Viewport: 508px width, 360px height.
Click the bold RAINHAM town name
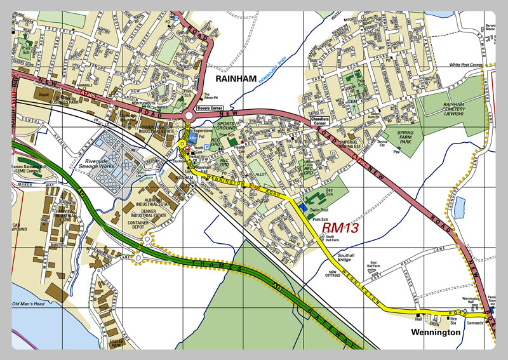pyautogui.click(x=236, y=78)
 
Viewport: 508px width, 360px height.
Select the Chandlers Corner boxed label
pyautogui.click(x=324, y=119)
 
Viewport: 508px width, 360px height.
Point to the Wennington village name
pyautogui.click(x=434, y=332)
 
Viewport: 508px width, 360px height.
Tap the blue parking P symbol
pyautogui.click(x=206, y=146)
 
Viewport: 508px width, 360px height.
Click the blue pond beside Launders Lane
pyautogui.click(x=459, y=207)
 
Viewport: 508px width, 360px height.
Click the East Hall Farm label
pyautogui.click(x=383, y=265)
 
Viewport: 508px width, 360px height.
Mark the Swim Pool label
pyautogui.click(x=319, y=208)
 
